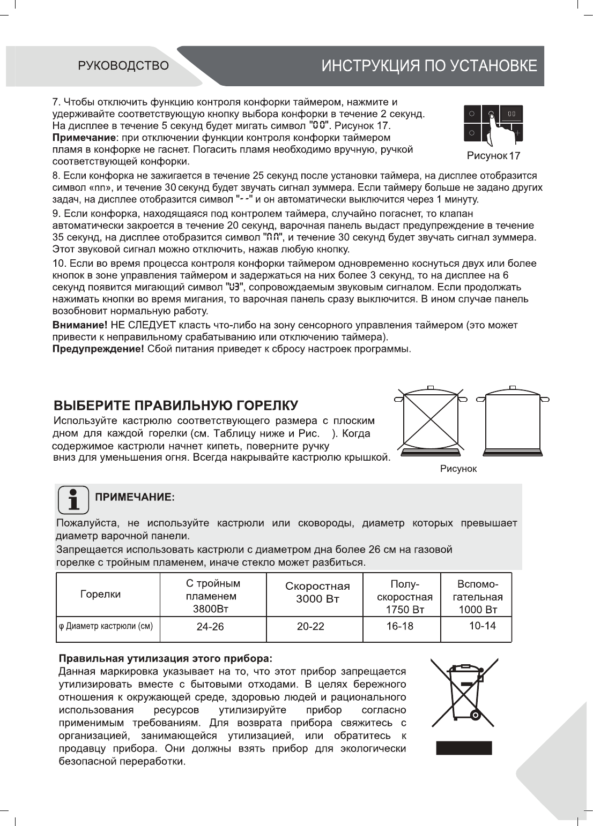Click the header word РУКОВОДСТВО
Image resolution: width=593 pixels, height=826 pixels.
pos(123,66)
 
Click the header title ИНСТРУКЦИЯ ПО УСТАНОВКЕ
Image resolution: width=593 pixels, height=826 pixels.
pos(429,66)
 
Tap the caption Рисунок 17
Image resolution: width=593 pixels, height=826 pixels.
pos(493,156)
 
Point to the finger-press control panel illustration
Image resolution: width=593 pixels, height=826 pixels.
pos(493,124)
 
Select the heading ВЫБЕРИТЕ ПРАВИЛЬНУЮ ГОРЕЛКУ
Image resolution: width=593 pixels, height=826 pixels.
pos(176,406)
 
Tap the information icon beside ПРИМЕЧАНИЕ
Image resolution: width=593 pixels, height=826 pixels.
pos(73,499)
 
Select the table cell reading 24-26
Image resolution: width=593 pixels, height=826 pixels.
pos(210,627)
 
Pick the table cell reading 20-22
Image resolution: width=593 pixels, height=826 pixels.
pos(310,626)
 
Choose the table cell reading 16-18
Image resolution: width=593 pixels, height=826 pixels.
pos(400,626)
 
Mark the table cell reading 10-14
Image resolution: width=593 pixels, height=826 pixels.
pos(483,626)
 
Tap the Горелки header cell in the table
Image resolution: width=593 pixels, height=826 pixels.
pos(100,594)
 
